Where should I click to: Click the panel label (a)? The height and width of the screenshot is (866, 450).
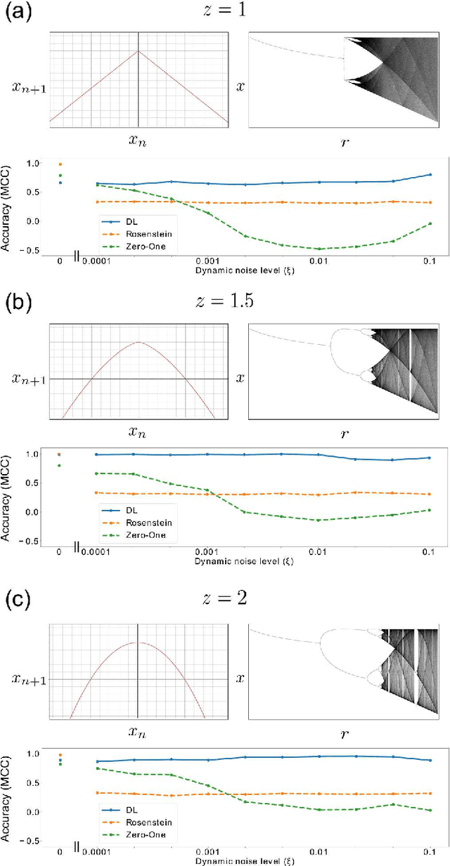(19, 13)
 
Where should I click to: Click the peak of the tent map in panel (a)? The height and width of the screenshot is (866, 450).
(139, 51)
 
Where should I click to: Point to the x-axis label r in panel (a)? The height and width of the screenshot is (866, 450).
(344, 142)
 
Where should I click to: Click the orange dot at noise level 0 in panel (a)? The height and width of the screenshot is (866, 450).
(60, 164)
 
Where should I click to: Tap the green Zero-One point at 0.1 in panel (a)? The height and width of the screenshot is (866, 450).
(430, 223)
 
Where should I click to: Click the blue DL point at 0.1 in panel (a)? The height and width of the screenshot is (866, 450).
(430, 174)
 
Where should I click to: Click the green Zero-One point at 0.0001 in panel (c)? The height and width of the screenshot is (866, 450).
(96, 768)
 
